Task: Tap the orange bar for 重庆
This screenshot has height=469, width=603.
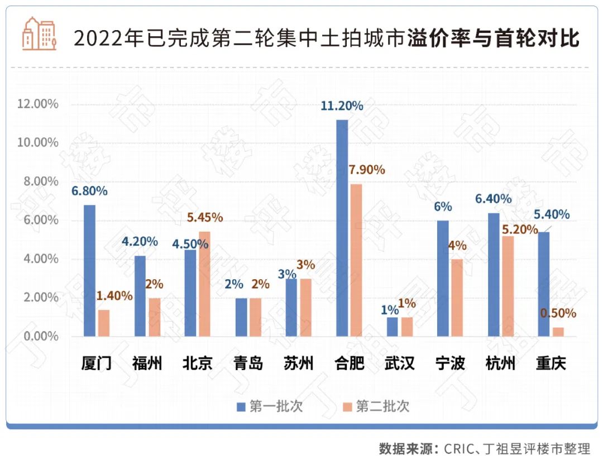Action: (x=558, y=332)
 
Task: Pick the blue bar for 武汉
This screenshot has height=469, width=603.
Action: (x=393, y=327)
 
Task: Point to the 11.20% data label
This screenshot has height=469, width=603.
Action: (x=342, y=106)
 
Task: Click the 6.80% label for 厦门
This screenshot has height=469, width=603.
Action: (x=89, y=191)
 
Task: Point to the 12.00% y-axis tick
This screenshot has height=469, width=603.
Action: (x=38, y=104)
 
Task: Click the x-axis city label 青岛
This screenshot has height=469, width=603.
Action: (x=248, y=364)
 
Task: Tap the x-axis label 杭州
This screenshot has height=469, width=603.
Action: (x=500, y=364)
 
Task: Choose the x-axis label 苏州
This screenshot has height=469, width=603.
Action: (x=299, y=364)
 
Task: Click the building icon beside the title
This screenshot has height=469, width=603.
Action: (x=39, y=33)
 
